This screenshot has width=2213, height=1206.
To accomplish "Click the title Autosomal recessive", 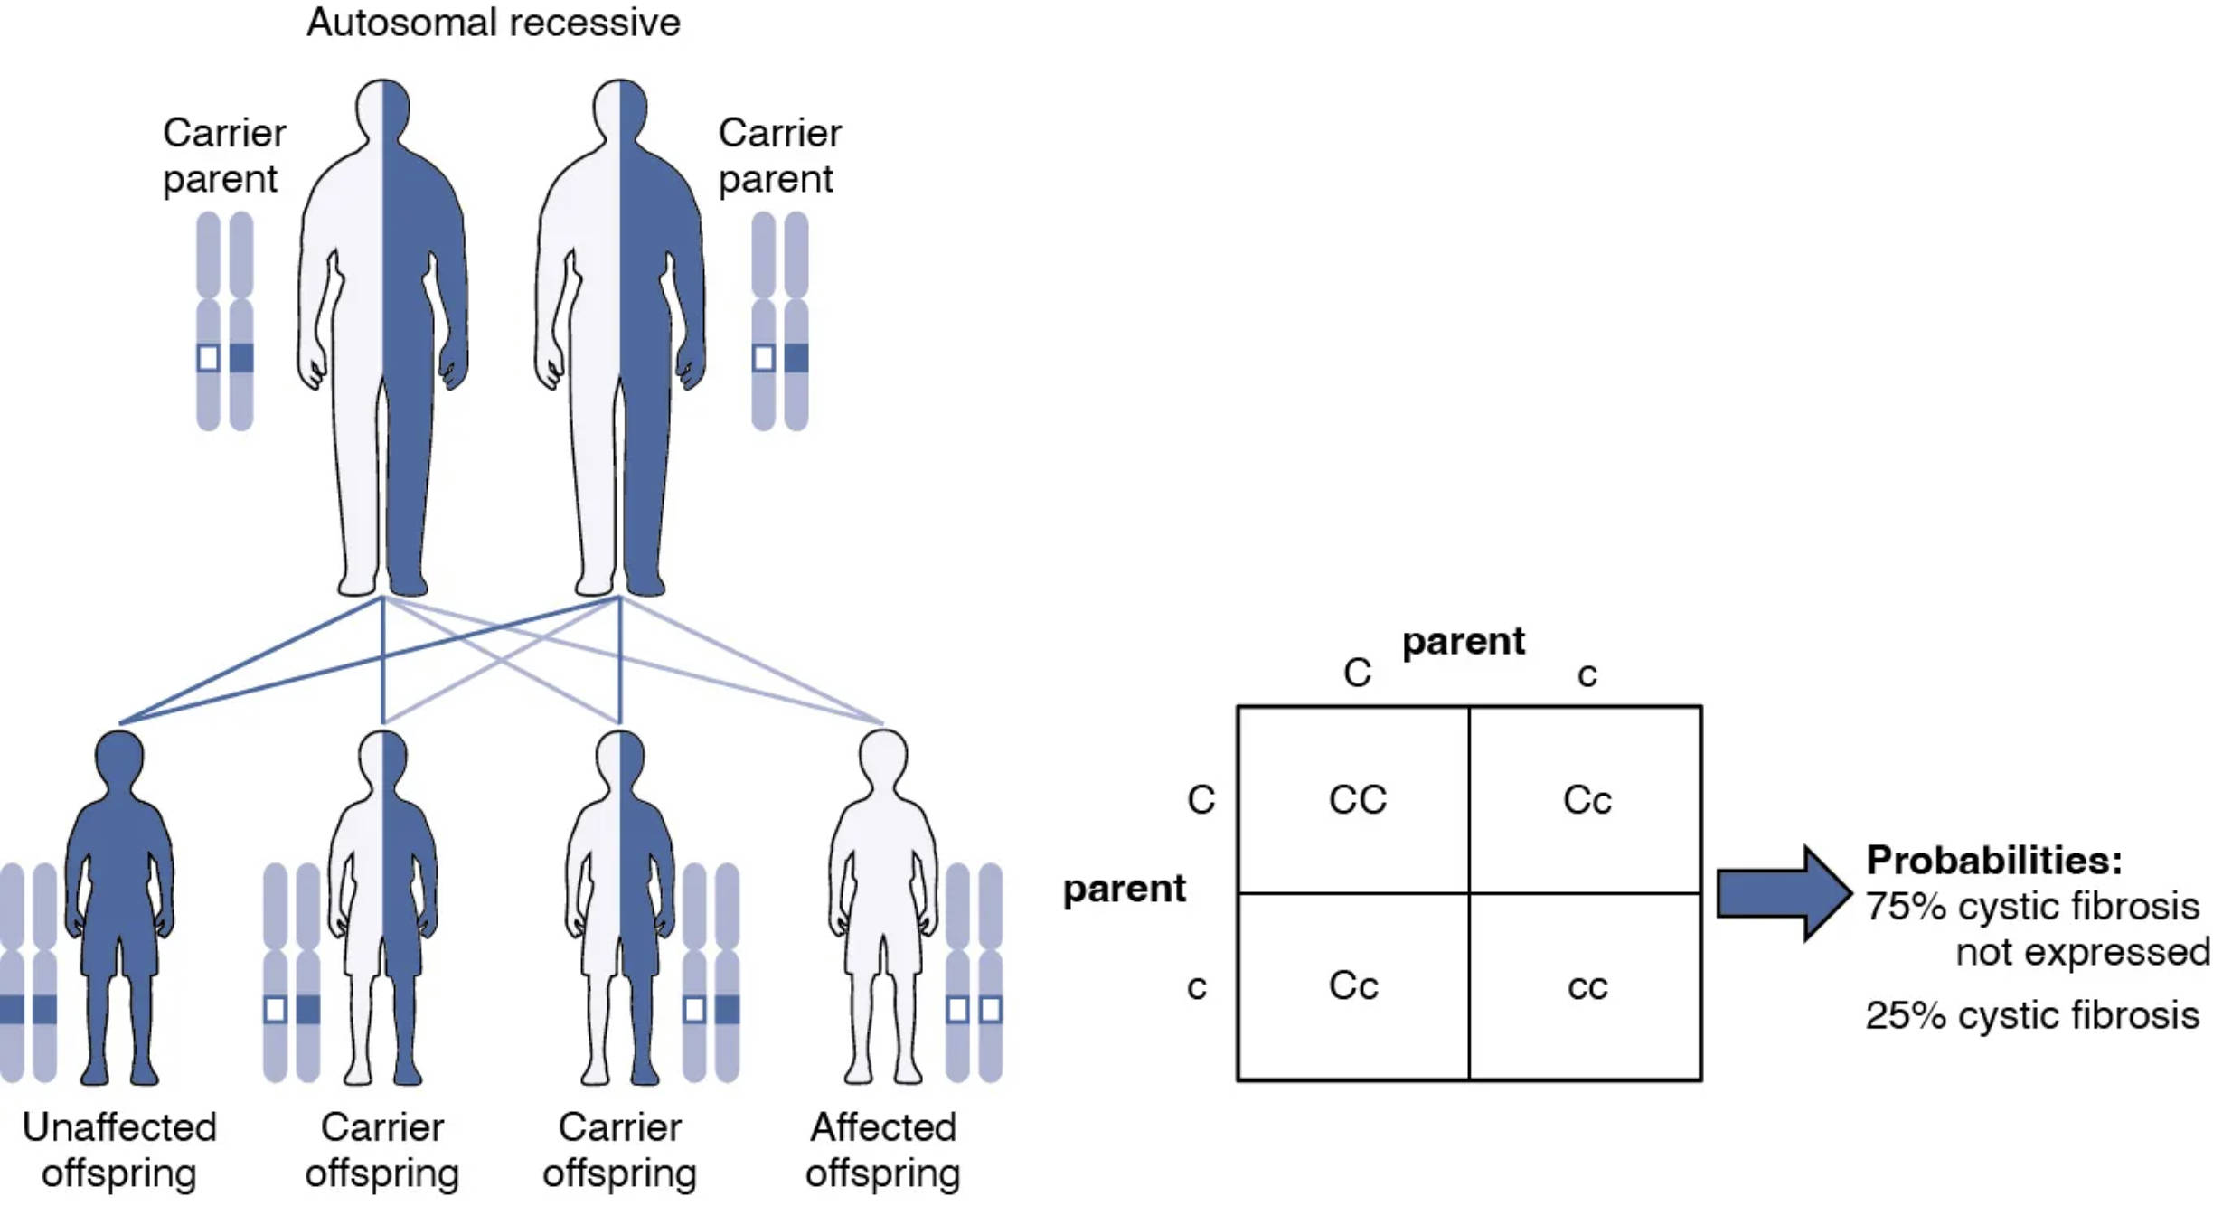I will [493, 23].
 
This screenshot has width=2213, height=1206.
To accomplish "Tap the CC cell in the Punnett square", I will [1357, 800].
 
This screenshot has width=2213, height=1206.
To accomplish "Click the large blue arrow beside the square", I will [1782, 893].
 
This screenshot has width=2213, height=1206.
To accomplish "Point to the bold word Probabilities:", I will [1994, 860].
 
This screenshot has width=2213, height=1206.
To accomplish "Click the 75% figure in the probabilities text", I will [1906, 907].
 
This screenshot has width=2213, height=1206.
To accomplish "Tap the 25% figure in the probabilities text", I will [1906, 1015].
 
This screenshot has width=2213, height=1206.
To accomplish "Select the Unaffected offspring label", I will [119, 1150].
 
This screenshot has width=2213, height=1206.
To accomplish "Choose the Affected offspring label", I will [882, 1150].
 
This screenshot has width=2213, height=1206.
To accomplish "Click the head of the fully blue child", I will [119, 755].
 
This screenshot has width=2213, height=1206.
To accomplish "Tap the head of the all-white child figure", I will [882, 755].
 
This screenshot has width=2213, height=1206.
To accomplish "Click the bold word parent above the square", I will [1463, 641].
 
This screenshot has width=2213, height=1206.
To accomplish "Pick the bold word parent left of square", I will [1124, 889].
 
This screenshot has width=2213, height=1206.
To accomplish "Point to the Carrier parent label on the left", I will [223, 155].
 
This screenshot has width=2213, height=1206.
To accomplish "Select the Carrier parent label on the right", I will [779, 155].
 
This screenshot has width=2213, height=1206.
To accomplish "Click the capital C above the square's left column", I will [1357, 674].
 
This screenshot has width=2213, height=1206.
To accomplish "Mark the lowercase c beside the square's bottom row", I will [1197, 987].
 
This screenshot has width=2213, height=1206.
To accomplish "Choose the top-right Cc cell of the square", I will [1587, 800].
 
